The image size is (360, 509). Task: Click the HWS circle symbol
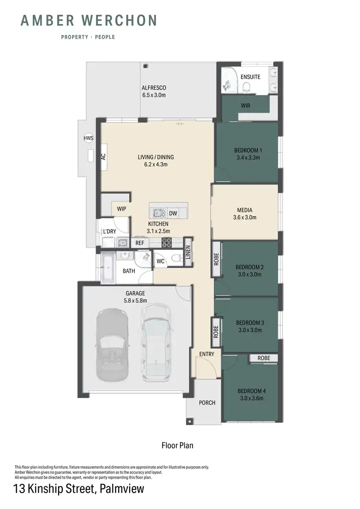[88, 138]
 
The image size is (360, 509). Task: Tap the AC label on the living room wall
[103, 157]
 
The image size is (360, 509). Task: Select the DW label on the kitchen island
[173, 213]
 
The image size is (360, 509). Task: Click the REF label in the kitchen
[140, 243]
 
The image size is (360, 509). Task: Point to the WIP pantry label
[121, 209]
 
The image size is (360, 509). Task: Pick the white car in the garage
[156, 341]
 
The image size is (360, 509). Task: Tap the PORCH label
[207, 402]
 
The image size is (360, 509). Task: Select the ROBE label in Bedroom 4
[264, 358]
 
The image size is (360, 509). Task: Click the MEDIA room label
[244, 210]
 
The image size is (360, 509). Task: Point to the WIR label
[245, 105]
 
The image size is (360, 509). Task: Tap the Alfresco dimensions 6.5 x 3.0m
[154, 95]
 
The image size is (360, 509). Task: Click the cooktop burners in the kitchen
[166, 242]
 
